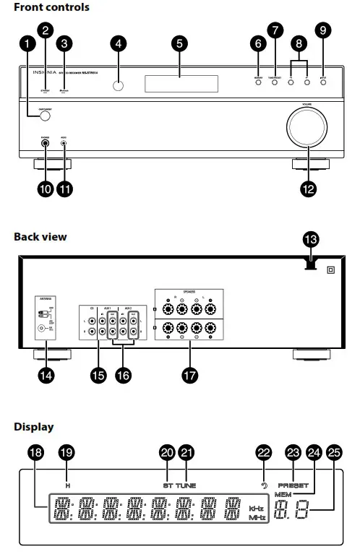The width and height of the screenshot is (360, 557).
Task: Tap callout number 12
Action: click(x=308, y=189)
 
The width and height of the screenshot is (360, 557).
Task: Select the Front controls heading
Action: click(x=51, y=7)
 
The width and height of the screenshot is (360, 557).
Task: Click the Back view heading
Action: click(x=40, y=236)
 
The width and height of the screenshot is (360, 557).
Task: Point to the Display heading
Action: click(x=33, y=427)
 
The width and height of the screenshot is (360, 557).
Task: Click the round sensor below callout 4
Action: click(x=118, y=86)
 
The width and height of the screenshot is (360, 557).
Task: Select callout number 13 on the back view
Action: click(x=312, y=239)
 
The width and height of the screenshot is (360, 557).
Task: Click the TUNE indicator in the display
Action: click(x=187, y=485)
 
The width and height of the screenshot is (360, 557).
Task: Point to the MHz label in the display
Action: click(x=257, y=519)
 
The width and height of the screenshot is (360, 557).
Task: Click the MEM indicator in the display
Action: click(x=282, y=494)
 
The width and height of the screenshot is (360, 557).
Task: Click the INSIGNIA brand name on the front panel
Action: click(x=46, y=73)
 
